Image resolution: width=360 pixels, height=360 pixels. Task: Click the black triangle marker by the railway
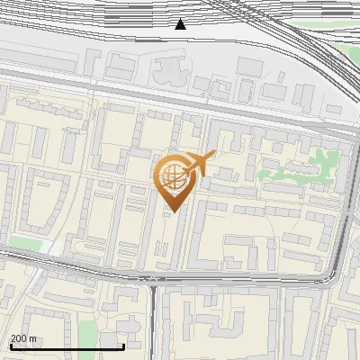[181, 24]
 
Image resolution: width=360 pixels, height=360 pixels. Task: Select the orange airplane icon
[200, 163]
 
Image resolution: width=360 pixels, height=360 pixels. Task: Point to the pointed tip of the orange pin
[171, 211]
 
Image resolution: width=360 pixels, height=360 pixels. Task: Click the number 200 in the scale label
[19, 338]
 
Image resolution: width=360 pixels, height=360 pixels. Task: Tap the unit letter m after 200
[32, 338]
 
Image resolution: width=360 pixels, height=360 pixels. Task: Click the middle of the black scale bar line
[67, 346]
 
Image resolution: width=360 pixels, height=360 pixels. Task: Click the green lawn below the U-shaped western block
[27, 242]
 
